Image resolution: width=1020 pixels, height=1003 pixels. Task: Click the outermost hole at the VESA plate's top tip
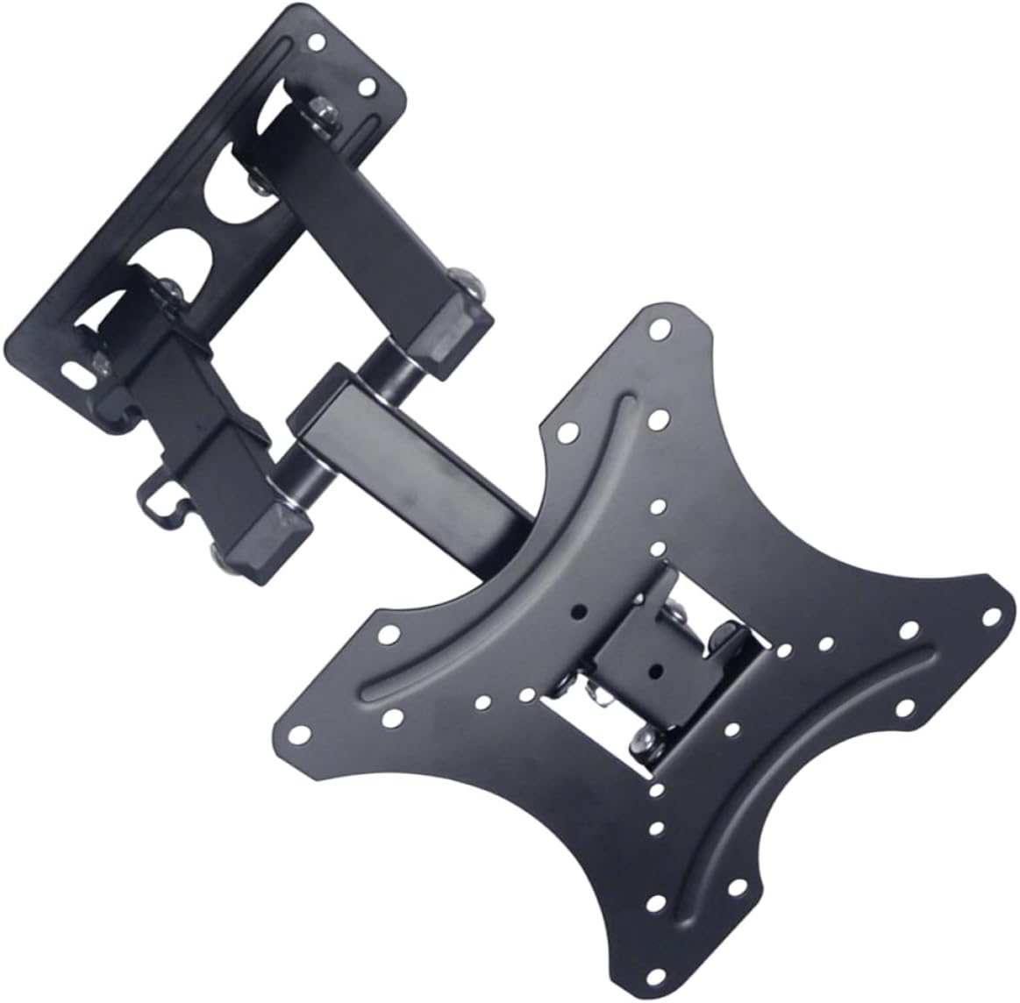(657, 330)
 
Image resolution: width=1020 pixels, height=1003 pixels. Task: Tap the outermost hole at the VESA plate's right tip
(995, 615)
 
